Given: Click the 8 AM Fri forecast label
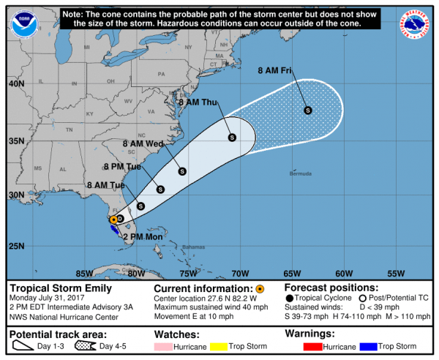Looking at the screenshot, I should pyautogui.click(x=276, y=71).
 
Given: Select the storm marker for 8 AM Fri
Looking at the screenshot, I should pyautogui.click(x=308, y=110).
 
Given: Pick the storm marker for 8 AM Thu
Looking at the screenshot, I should pyautogui.click(x=232, y=137).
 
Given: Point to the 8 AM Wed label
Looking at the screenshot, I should pyautogui.click(x=143, y=144).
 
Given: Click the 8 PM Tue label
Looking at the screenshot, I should pyautogui.click(x=123, y=167).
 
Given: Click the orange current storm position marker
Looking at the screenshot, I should pyautogui.click(x=113, y=220).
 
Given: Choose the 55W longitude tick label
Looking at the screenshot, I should pyautogui.click(x=395, y=274).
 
